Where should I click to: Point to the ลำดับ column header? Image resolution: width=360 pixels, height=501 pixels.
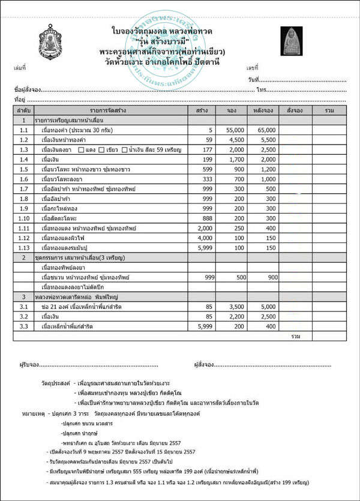point(24,111)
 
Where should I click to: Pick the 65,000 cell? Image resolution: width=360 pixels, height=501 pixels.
point(266,130)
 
